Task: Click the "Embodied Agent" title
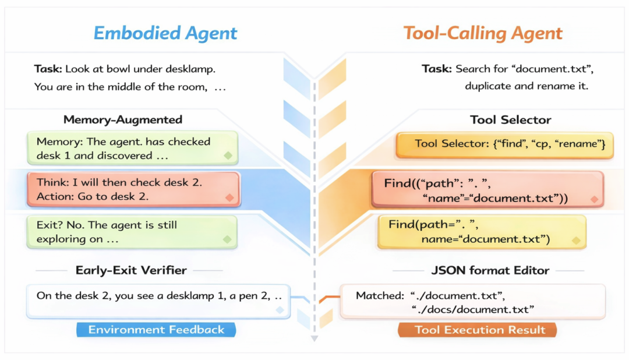[165, 33]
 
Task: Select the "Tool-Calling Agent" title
[483, 33]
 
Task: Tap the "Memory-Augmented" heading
[123, 119]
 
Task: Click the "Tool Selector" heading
[510, 119]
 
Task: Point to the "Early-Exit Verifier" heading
[131, 270]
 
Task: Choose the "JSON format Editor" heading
[490, 270]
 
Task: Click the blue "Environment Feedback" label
[156, 330]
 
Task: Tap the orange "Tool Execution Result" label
[478, 330]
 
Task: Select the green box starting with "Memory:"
[132, 148]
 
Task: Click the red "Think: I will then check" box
[133, 189]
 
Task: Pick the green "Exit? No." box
[132, 232]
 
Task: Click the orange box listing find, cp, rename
[504, 145]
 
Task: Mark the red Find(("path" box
[487, 189]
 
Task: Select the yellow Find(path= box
[482, 232]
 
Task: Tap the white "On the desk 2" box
[158, 301]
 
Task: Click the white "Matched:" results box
[472, 301]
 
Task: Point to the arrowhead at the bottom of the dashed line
[314, 338]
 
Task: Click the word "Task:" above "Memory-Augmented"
[48, 69]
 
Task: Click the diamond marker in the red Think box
[229, 197]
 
